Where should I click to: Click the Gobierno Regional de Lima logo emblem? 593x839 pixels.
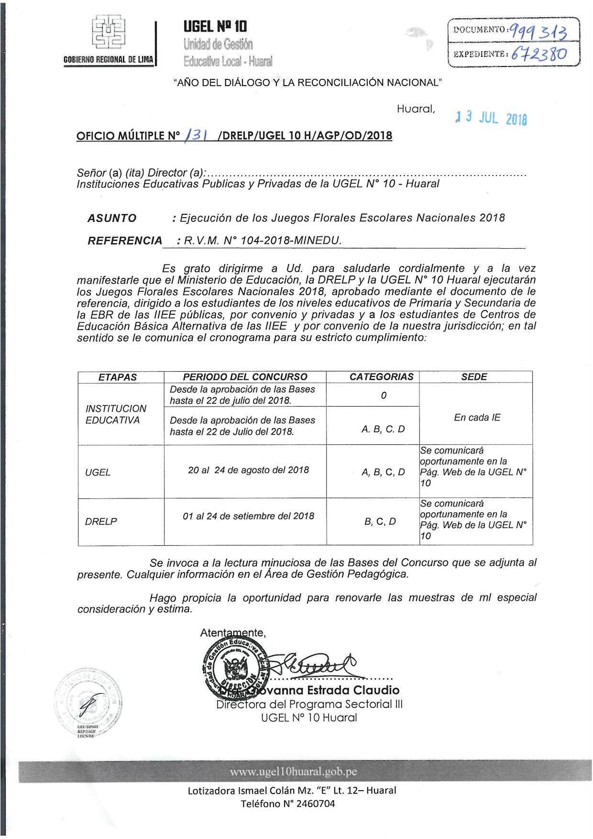point(109,32)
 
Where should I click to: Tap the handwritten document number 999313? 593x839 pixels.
point(538,32)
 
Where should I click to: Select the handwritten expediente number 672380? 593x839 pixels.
point(539,54)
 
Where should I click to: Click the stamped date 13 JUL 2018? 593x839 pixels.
point(491,118)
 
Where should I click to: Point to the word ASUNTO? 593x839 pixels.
point(112,219)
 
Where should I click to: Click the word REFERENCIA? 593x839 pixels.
point(125,241)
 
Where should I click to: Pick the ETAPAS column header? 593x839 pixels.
point(118,377)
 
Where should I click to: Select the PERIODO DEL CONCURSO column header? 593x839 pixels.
point(245,377)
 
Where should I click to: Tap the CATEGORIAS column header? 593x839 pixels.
point(381,377)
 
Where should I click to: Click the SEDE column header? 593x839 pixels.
point(474,377)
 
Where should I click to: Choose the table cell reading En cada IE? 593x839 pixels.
point(477,418)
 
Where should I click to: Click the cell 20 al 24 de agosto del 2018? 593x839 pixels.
point(248,470)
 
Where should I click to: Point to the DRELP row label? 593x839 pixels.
point(101,521)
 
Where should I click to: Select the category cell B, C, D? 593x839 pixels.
point(380,521)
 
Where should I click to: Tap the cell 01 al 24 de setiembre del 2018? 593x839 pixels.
point(248,516)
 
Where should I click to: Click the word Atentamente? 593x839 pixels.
point(232,633)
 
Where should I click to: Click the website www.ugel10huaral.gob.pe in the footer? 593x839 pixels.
point(293,772)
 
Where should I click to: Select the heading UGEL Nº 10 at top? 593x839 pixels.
point(215,26)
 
